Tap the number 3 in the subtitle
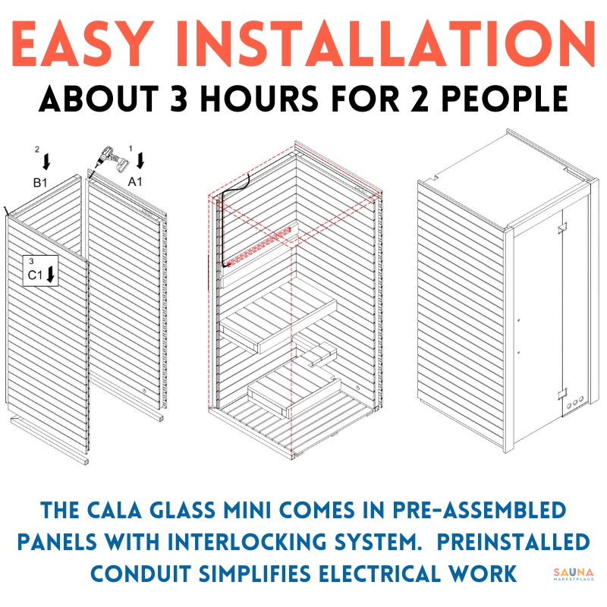pos(178,99)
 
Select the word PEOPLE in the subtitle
pos(505,99)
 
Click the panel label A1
pos(135,181)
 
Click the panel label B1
pos(40,182)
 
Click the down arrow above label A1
pos(140,160)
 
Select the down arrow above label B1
pos(46,162)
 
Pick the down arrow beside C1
pos(51,274)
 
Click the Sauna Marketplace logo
pos(574,574)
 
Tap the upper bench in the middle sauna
pos(278,317)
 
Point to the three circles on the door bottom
pos(575,403)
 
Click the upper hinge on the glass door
pos(562,228)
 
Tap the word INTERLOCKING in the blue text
pos(248,541)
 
